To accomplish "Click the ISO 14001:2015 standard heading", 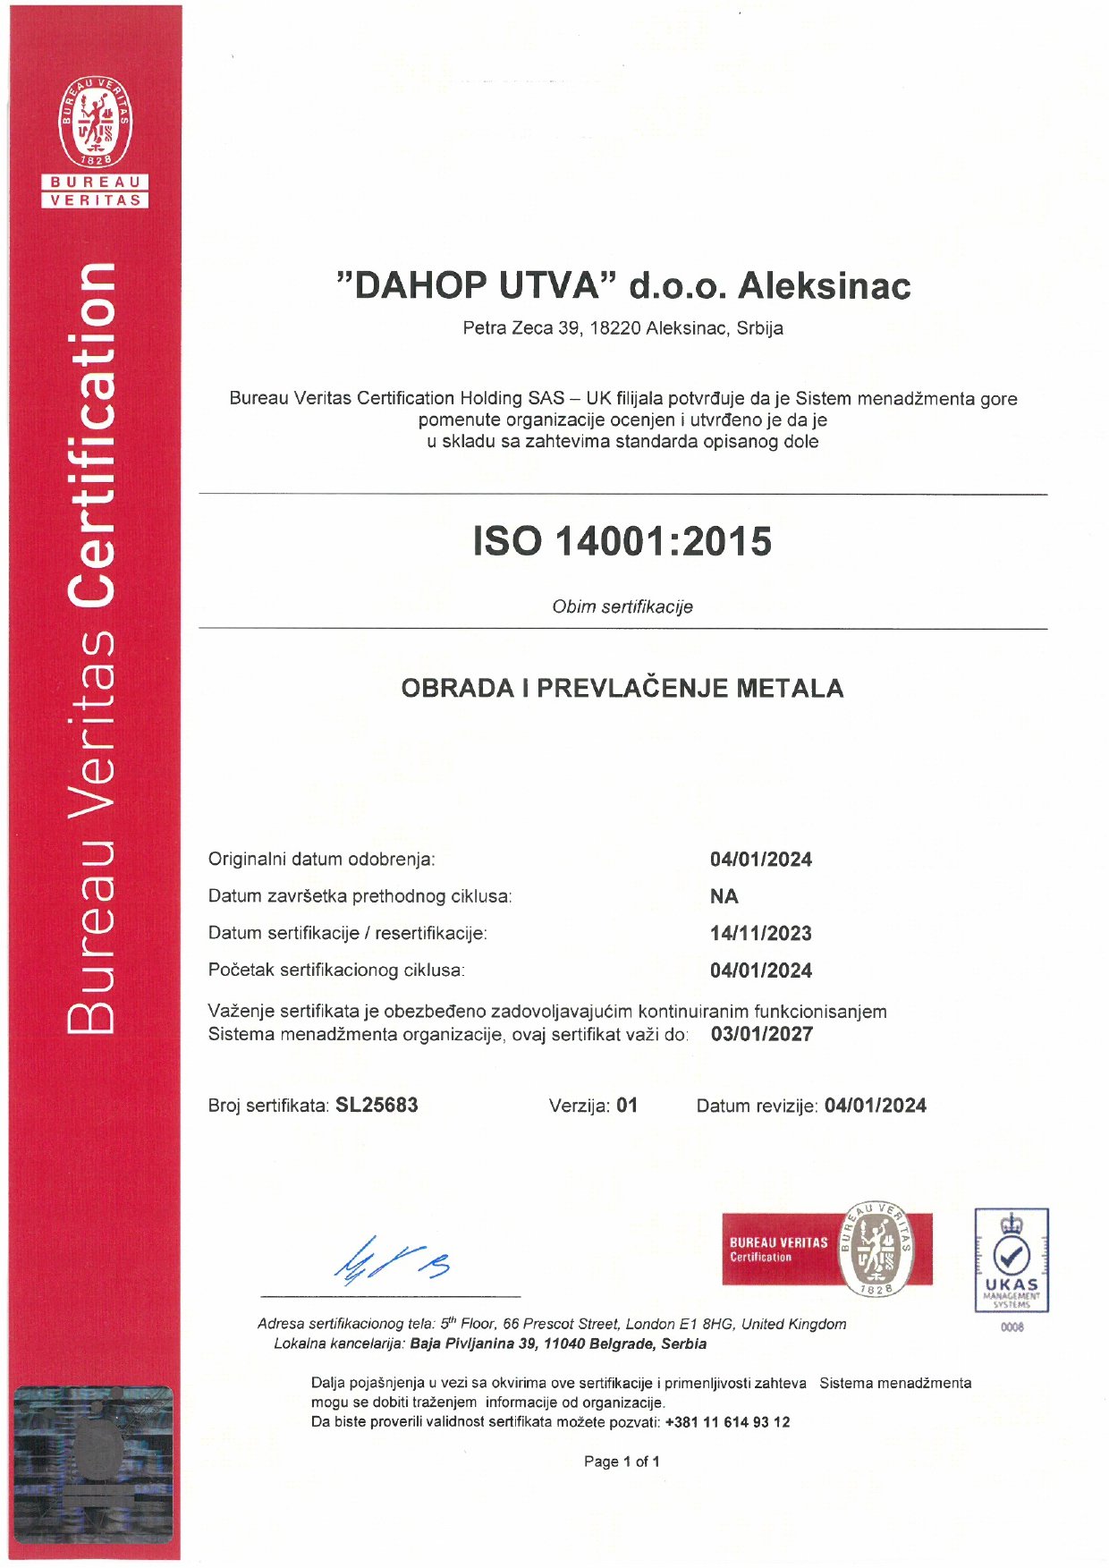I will (622, 542).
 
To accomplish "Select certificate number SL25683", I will (377, 1106).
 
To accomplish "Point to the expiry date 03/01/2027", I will (762, 1035).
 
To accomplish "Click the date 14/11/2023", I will (760, 934).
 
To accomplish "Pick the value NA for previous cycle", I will (724, 897).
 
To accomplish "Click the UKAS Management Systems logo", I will (1012, 1259).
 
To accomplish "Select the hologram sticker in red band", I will (94, 1464).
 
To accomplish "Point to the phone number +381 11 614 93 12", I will (727, 1422).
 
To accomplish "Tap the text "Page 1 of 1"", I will (622, 1462).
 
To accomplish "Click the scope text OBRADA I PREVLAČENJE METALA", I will (622, 689).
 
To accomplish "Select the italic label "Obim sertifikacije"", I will (622, 607).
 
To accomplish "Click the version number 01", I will (627, 1106).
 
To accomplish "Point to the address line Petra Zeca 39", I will (622, 328).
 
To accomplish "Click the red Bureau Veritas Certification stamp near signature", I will (826, 1250).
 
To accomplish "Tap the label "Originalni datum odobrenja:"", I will (321, 860).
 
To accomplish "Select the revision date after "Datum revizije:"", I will (875, 1106).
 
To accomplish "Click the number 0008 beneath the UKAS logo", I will (1012, 1327).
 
